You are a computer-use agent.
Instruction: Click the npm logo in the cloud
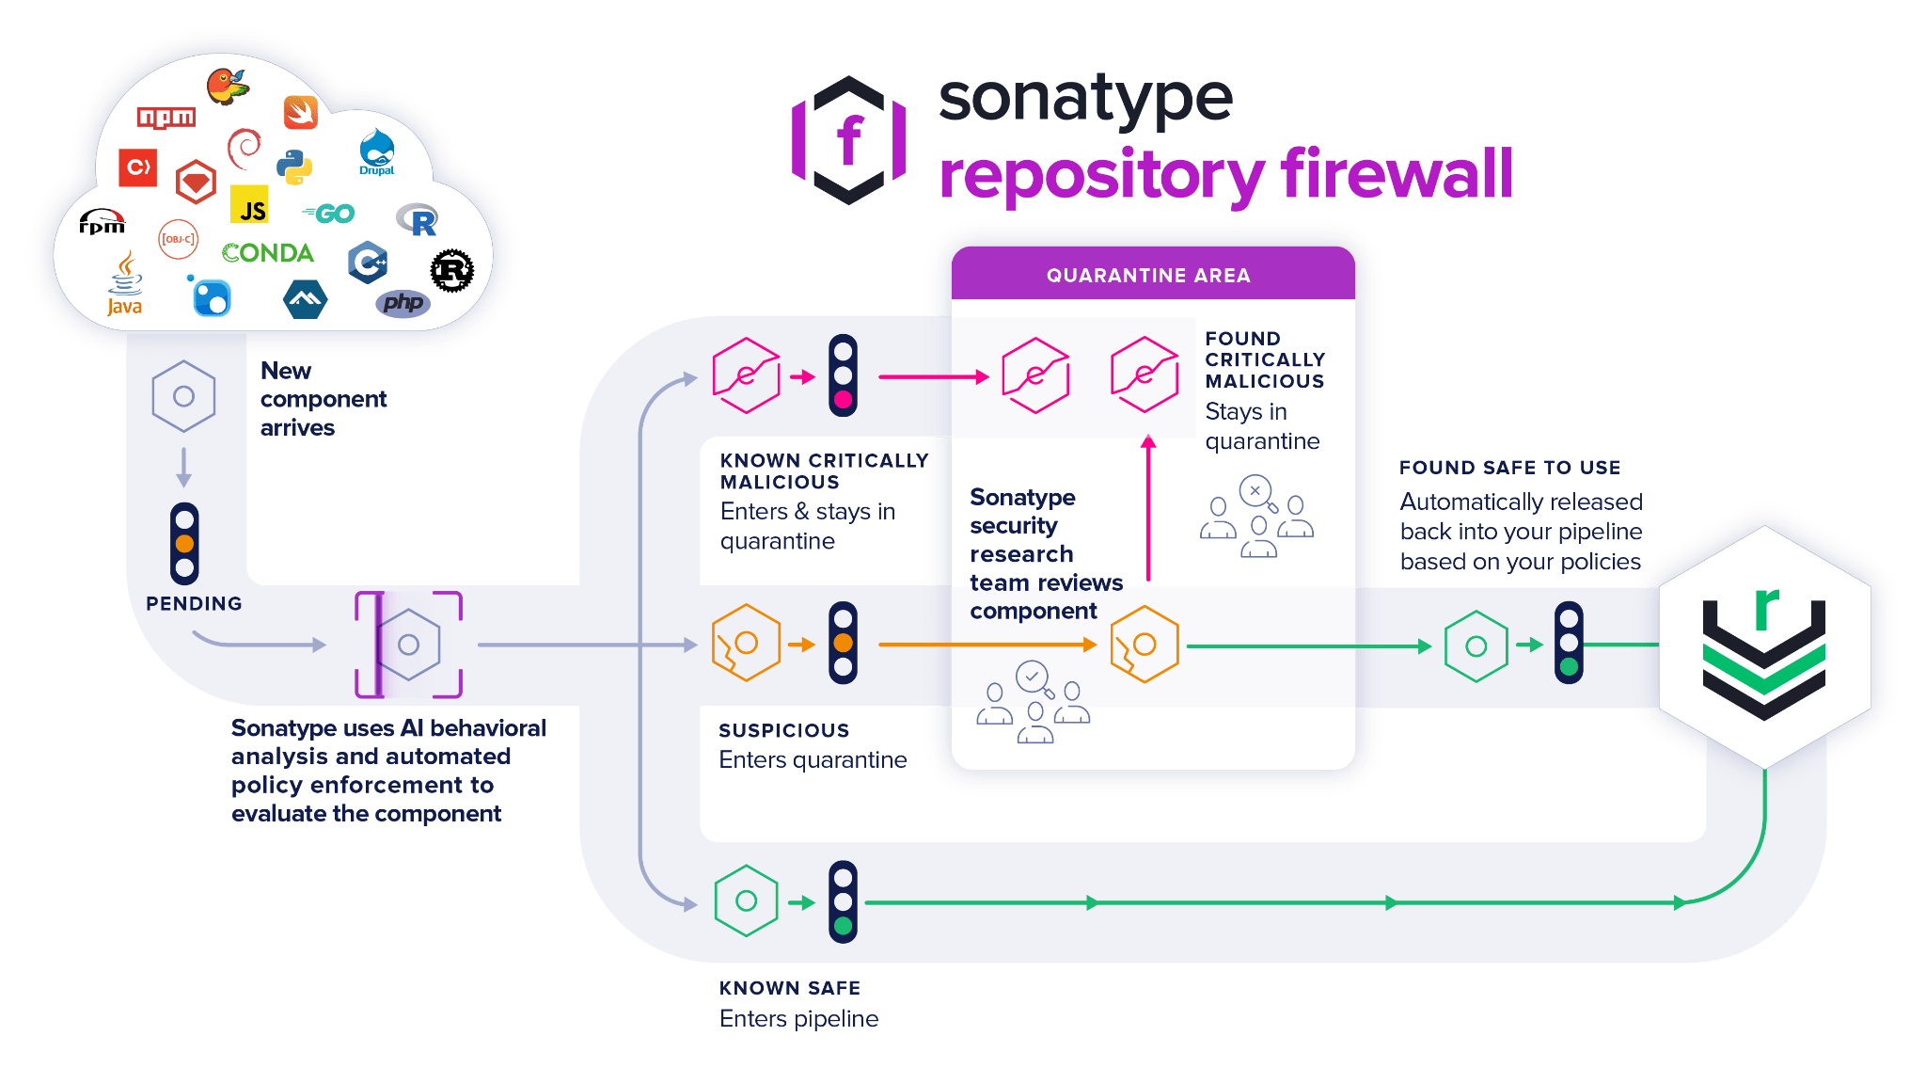[x=166, y=118]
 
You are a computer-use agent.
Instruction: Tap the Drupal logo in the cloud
[x=376, y=152]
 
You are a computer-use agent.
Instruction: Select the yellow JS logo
[x=249, y=204]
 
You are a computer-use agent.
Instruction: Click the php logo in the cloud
[x=403, y=303]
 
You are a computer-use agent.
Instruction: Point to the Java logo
[x=124, y=285]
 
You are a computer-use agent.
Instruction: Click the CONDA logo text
[x=268, y=253]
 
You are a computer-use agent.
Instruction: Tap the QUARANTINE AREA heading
[x=1148, y=276]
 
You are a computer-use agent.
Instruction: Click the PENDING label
[x=194, y=604]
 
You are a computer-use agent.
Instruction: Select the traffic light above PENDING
[x=184, y=544]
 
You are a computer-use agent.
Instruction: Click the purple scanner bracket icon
[x=408, y=645]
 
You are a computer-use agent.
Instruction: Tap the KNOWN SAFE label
[x=789, y=988]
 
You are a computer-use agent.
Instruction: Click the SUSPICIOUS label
[x=783, y=731]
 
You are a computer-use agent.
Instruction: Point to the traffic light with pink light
[x=843, y=375]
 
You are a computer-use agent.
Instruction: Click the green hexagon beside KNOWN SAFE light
[x=746, y=901]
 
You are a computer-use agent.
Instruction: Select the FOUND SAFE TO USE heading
[x=1509, y=468]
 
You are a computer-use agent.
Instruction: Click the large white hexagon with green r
[x=1763, y=646]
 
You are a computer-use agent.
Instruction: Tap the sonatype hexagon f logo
[x=849, y=141]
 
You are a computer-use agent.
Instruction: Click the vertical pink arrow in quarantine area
[x=1147, y=508]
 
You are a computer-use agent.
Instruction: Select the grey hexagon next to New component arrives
[x=183, y=396]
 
